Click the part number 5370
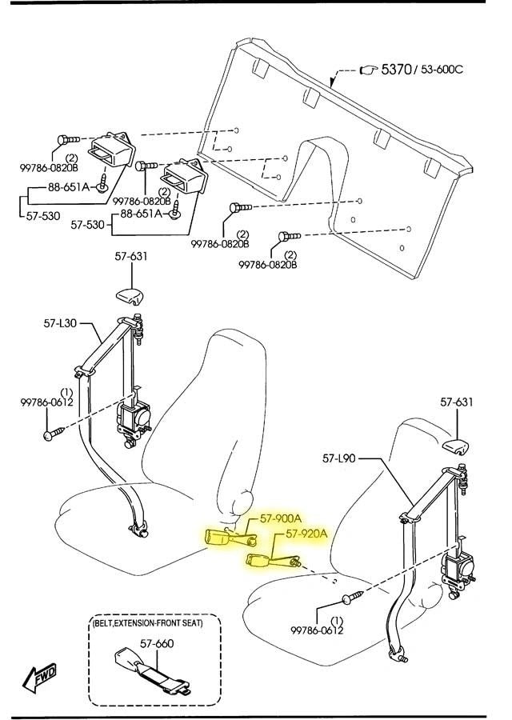pyautogui.click(x=397, y=70)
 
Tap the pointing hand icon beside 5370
pyautogui.click(x=368, y=70)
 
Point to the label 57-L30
pyautogui.click(x=60, y=323)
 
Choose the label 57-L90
pyautogui.click(x=339, y=458)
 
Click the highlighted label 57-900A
pyautogui.click(x=281, y=518)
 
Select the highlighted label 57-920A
pyautogui.click(x=306, y=534)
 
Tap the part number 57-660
pyautogui.click(x=157, y=643)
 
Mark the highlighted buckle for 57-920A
pyautogui.click(x=274, y=561)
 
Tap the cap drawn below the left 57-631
pyautogui.click(x=130, y=296)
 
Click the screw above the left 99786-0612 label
pyautogui.click(x=54, y=433)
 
